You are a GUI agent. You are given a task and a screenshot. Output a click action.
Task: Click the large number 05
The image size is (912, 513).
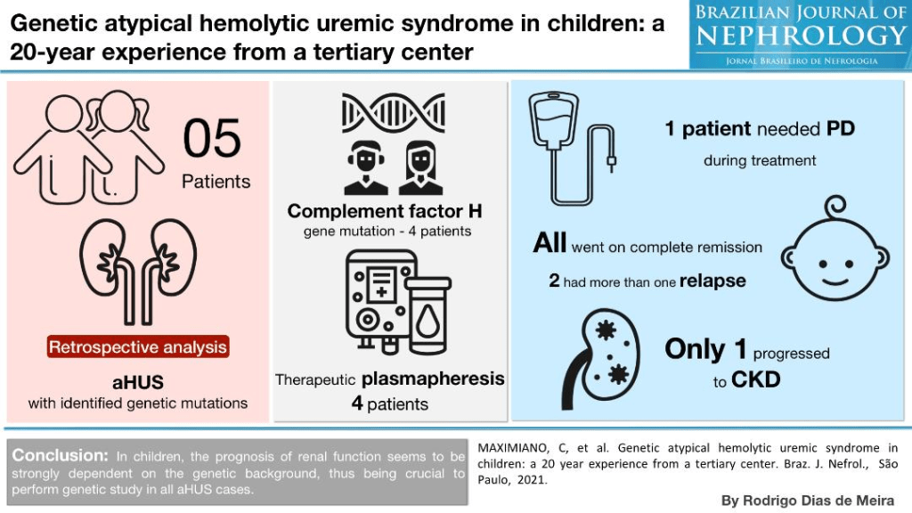(x=213, y=139)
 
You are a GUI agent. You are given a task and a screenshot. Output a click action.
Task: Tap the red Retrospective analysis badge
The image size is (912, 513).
(x=137, y=346)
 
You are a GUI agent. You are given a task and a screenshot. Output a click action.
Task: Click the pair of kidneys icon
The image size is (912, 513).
(x=137, y=267)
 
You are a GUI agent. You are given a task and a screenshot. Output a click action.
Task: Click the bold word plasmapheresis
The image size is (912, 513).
(x=433, y=379)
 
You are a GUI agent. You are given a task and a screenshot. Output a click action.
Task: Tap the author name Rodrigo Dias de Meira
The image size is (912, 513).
(x=807, y=501)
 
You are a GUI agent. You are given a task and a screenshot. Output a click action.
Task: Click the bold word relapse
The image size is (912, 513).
(x=712, y=281)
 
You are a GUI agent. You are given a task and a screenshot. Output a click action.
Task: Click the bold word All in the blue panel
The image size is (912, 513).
(x=550, y=243)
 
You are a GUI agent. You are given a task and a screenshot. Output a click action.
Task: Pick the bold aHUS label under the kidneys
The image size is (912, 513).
(x=137, y=382)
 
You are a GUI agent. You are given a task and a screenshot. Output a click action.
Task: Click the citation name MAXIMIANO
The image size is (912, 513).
(x=512, y=448)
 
